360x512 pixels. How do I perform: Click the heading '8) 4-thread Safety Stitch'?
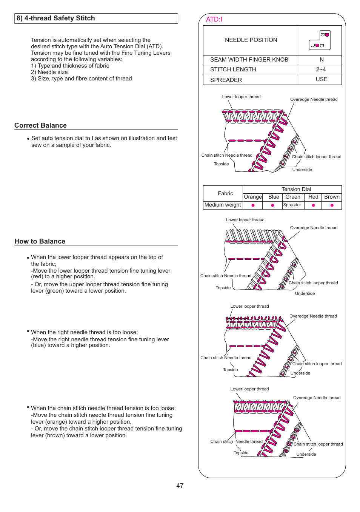click(x=56, y=19)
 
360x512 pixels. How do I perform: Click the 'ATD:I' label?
click(x=214, y=19)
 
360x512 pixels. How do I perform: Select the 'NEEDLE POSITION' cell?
click(x=251, y=40)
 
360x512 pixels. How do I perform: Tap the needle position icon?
click(x=320, y=40)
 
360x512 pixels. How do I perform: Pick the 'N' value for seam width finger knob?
click(x=322, y=60)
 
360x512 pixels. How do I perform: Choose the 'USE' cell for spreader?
click(x=322, y=79)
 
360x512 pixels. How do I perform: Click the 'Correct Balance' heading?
click(x=40, y=125)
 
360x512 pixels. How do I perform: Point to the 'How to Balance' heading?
click(x=40, y=241)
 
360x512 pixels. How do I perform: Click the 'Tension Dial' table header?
click(x=296, y=189)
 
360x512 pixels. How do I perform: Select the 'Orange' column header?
click(x=253, y=197)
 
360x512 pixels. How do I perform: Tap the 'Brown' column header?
click(x=332, y=197)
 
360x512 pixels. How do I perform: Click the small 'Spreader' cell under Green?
click(x=292, y=205)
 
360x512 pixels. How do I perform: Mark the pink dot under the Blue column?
click(x=272, y=205)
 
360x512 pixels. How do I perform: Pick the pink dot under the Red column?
click(x=313, y=205)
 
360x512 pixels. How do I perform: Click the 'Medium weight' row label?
click(x=223, y=205)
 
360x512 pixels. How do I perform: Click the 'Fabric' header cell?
click(x=225, y=193)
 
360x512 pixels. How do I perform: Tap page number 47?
click(x=180, y=486)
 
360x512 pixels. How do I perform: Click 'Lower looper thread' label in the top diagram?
click(x=241, y=97)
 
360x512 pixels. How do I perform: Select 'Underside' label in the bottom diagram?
click(x=306, y=454)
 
